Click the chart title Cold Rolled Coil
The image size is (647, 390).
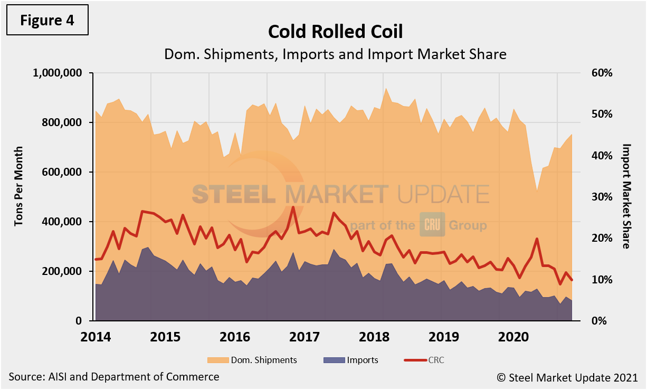pos(335,32)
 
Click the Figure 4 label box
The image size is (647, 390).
pos(47,21)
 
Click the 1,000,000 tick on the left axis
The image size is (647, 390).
pos(57,73)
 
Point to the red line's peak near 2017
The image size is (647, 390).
pos(293,207)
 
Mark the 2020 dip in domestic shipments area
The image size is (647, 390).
pos(537,191)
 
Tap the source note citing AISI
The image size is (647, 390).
pos(113,377)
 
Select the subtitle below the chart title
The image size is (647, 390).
pos(335,54)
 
